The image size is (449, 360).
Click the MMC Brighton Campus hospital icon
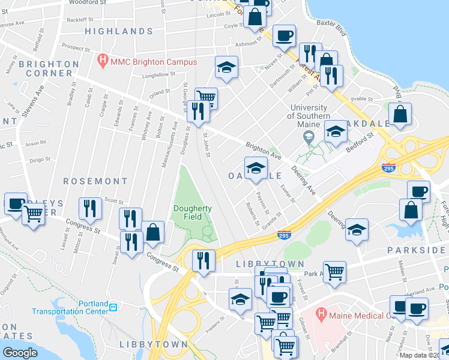(103, 61)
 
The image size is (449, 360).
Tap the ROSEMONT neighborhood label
(95, 181)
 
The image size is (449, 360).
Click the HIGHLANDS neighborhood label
(118, 31)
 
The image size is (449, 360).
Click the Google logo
(20, 352)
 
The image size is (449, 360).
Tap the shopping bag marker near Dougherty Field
(153, 232)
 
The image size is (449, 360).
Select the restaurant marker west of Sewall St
(89, 209)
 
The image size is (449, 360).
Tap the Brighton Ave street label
(264, 150)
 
